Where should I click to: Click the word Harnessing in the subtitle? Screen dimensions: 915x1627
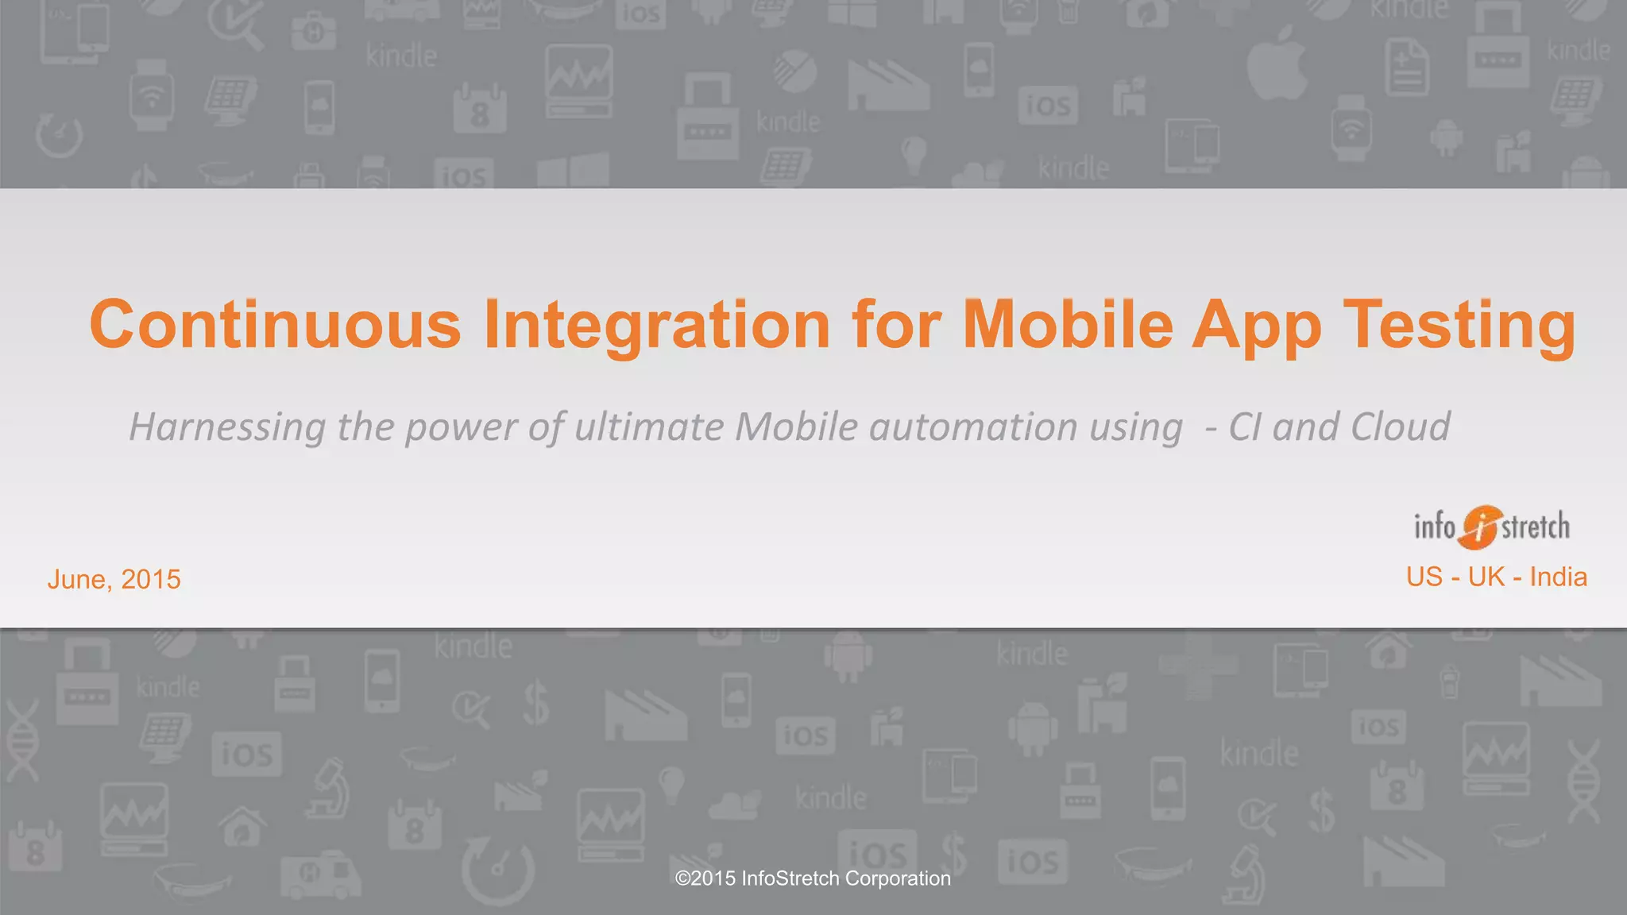tap(226, 427)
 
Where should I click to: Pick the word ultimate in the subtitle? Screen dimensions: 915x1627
tap(648, 427)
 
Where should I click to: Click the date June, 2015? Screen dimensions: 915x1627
tap(114, 579)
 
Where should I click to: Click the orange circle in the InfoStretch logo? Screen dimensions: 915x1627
tap(1478, 527)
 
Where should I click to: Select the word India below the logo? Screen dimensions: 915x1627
tap(1558, 577)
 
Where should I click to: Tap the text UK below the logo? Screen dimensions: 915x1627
tap(1486, 577)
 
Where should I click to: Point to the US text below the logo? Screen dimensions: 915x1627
tap(1424, 577)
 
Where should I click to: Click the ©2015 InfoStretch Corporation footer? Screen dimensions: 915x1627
tap(812, 878)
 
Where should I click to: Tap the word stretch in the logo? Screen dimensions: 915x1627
tap(1536, 527)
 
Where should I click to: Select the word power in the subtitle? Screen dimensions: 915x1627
tap(461, 427)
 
